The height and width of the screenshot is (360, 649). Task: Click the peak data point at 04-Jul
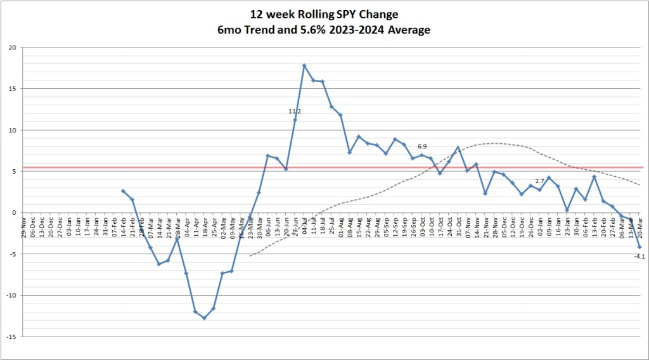pos(304,65)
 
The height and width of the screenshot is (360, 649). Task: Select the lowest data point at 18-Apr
pos(204,318)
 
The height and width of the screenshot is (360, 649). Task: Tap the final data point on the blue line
pos(639,247)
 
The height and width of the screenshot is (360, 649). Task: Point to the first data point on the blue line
pos(123,191)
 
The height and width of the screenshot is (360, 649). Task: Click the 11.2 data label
pos(295,111)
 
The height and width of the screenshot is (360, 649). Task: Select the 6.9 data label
pos(422,146)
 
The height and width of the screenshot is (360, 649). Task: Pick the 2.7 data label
pos(540,181)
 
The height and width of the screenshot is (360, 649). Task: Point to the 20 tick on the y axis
pos(12,48)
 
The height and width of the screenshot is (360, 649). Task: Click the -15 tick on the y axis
pos(11,336)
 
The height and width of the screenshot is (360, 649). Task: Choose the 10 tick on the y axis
pos(12,130)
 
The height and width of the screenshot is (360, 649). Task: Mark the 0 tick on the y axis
pos(14,212)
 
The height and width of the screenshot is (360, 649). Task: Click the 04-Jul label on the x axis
pos(305,226)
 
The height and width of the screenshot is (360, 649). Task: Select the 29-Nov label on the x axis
pos(24,226)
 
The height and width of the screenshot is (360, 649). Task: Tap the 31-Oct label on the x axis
pos(458,226)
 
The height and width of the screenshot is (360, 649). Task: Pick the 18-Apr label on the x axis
pos(205,226)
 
